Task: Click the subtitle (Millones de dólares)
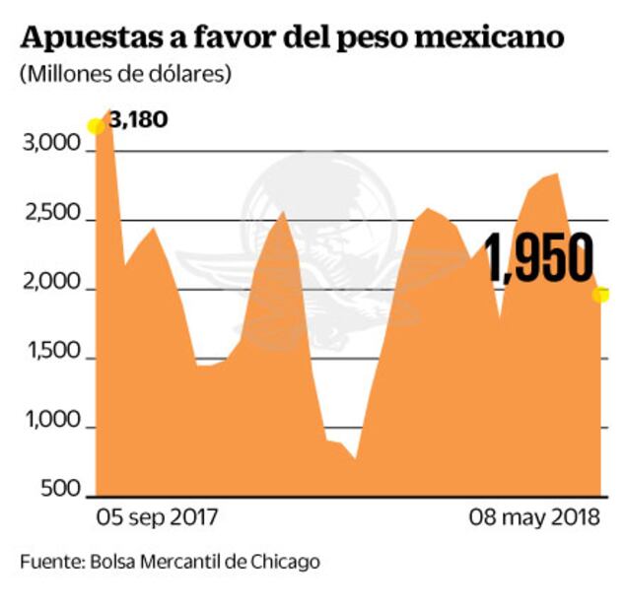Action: pos(124,75)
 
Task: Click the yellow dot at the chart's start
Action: pos(96,126)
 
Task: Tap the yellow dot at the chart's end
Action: pos(599,294)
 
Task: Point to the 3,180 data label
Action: pos(138,120)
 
